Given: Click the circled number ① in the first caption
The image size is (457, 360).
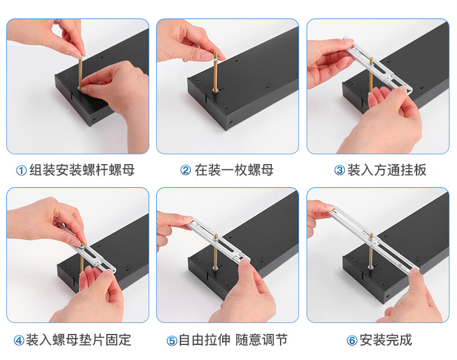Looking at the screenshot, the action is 21,170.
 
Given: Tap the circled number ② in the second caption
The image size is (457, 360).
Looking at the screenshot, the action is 186,170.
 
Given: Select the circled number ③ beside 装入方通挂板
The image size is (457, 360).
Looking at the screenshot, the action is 340,170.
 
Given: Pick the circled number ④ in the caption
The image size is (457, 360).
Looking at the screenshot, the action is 19,340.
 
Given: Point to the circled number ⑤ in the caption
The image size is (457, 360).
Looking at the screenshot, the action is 172,340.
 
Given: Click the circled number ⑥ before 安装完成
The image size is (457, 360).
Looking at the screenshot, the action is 352,340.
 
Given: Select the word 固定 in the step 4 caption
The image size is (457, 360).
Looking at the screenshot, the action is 118,340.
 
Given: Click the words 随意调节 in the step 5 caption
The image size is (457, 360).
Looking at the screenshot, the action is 261,340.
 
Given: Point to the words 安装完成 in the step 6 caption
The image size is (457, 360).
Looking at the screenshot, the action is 386,340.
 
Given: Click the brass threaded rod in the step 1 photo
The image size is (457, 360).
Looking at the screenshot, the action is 80,71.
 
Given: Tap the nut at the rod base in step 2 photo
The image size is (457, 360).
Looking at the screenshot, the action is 215,91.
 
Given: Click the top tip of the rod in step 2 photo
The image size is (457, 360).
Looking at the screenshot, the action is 216,51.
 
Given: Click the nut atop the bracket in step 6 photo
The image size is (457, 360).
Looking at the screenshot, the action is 371,236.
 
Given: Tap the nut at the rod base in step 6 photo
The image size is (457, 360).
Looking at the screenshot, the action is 371,266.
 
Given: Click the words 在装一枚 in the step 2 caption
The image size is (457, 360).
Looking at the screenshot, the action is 221,170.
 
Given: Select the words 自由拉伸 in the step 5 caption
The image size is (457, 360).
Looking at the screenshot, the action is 205,340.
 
